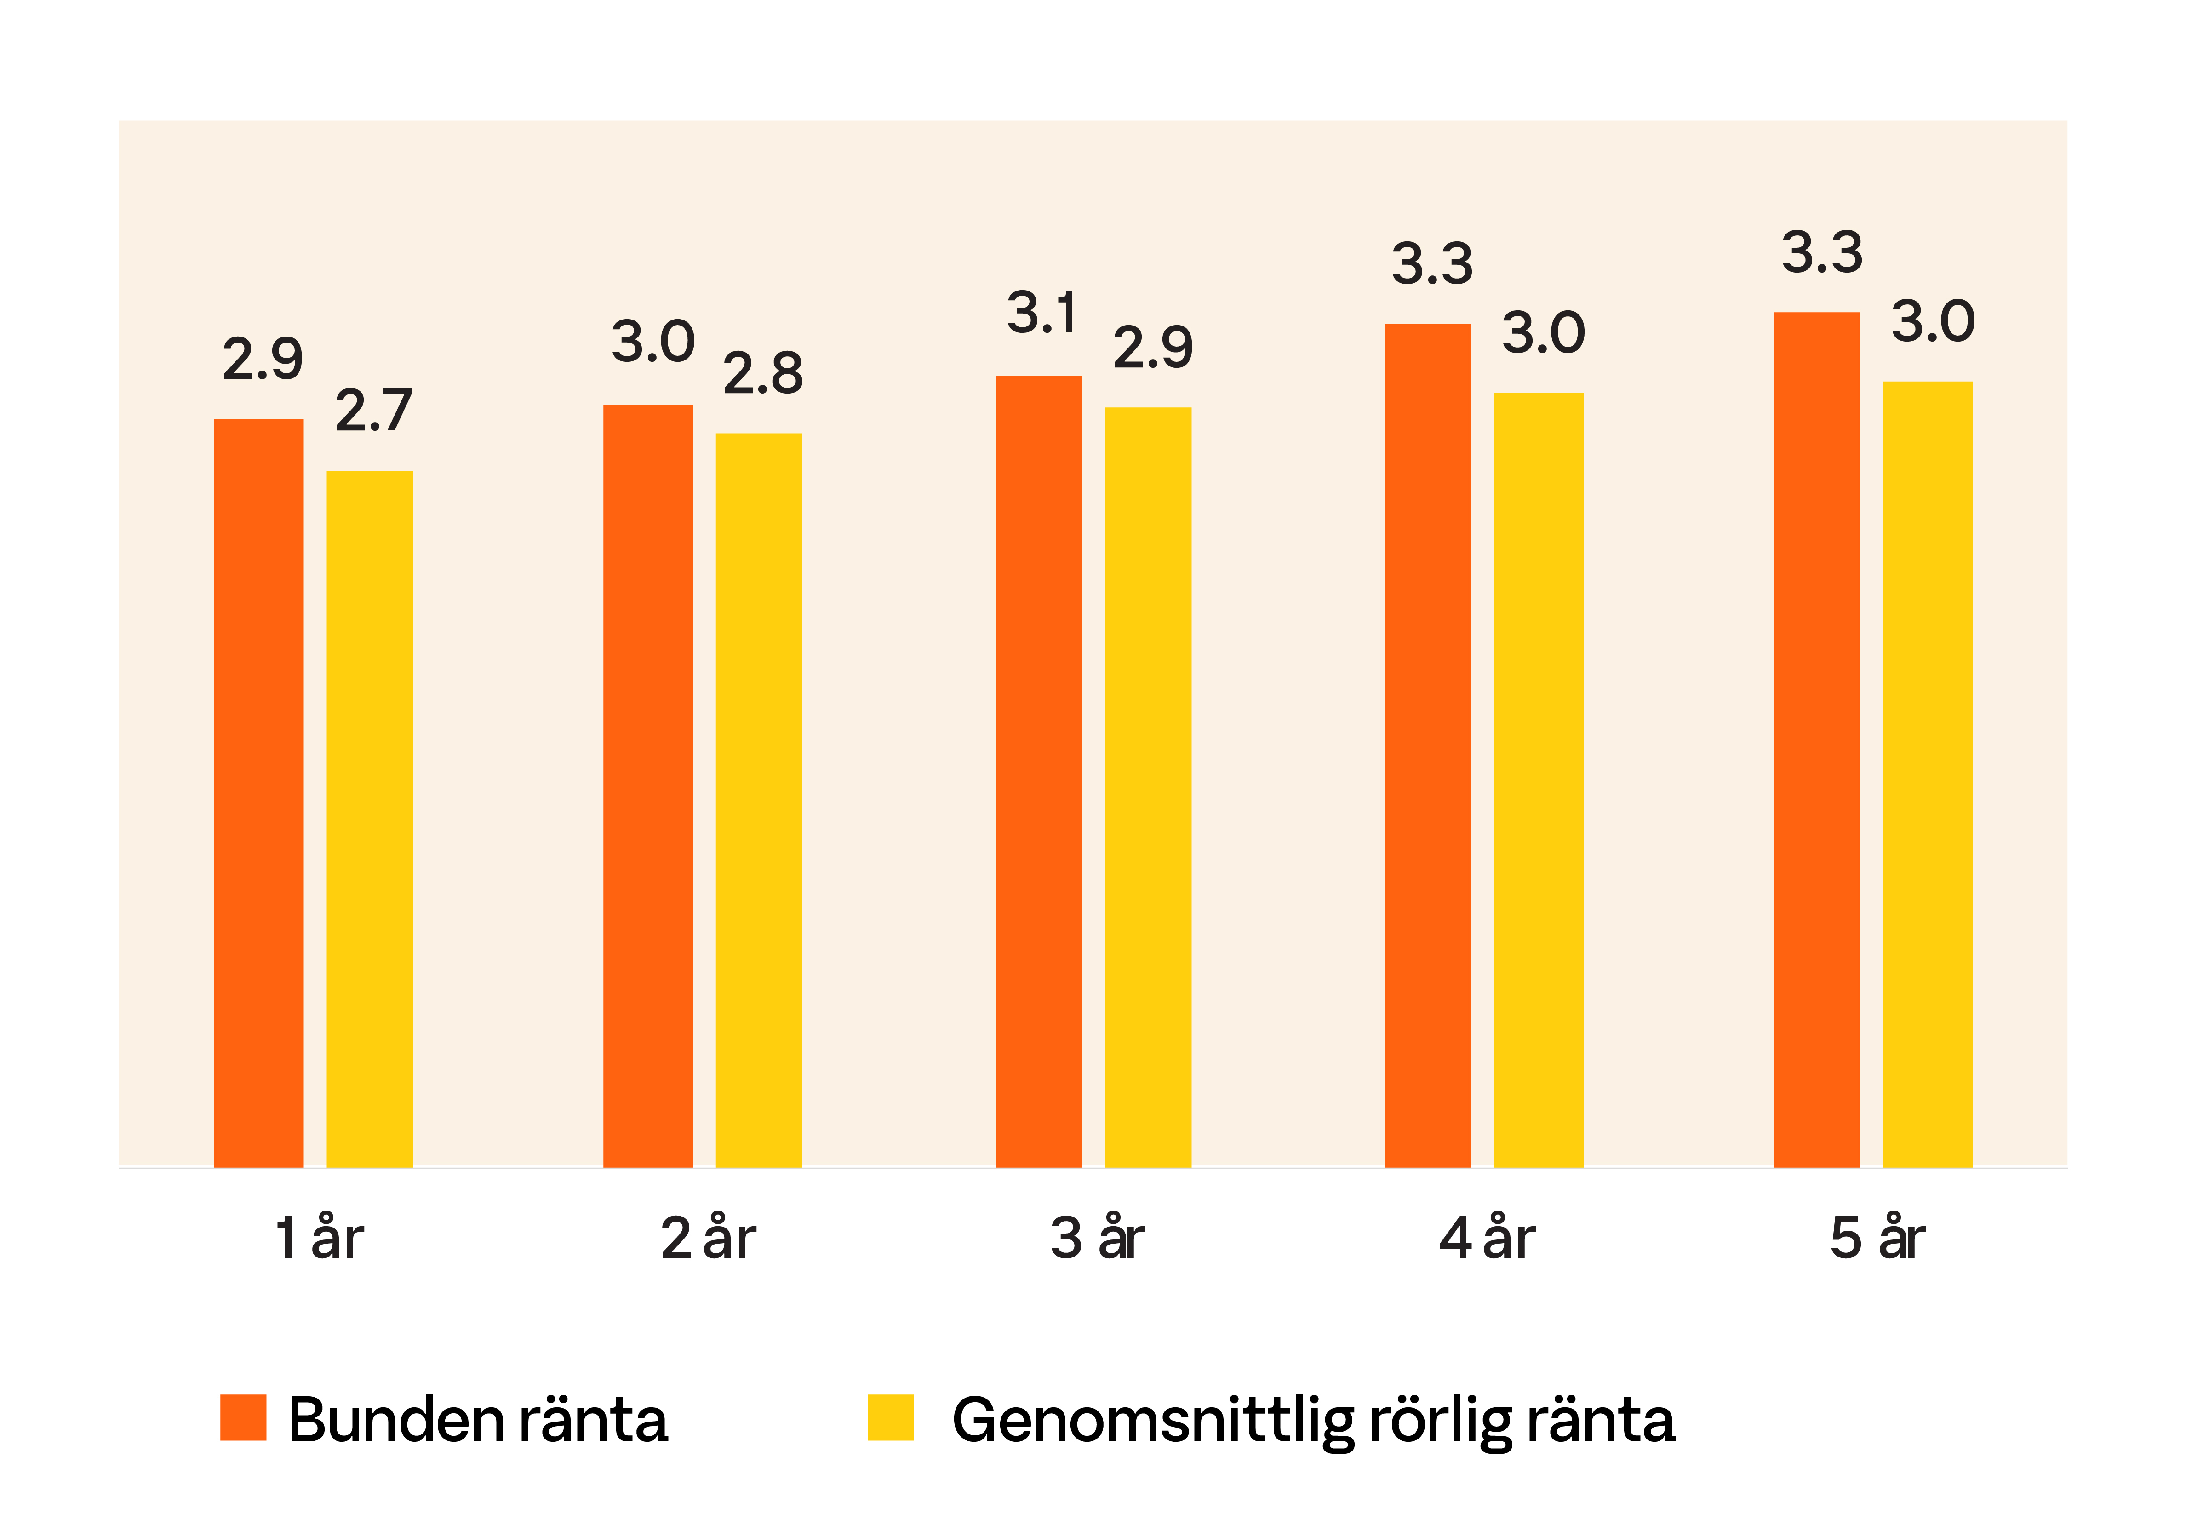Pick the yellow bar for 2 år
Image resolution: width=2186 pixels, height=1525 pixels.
[x=759, y=800]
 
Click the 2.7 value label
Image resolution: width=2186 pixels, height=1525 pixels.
[x=373, y=411]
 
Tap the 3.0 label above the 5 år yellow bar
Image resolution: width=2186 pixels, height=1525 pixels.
[x=1933, y=322]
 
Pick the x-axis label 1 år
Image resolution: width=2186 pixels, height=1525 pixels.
[x=319, y=1239]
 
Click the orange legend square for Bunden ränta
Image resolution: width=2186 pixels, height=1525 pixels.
[x=243, y=1417]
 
